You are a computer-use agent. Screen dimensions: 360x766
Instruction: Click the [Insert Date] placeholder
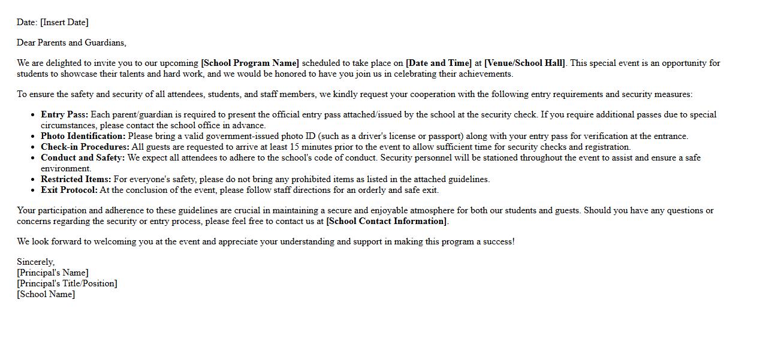point(64,22)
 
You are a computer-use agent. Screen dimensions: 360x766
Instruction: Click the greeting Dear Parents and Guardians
point(71,43)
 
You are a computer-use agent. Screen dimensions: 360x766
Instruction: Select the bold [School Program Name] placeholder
point(250,63)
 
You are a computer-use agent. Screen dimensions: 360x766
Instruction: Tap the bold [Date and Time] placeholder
point(439,63)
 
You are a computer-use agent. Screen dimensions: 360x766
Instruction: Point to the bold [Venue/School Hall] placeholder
point(525,63)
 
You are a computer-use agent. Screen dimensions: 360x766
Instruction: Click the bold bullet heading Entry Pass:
point(64,114)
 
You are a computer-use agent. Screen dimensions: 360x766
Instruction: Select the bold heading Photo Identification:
point(83,136)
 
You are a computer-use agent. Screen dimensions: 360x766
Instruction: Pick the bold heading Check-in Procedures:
point(85,147)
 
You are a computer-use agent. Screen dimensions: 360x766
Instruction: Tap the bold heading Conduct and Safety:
point(83,158)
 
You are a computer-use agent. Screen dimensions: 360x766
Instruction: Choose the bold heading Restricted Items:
point(76,179)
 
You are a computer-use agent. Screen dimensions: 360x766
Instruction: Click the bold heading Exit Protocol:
point(69,190)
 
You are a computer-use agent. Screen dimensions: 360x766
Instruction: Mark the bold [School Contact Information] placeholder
point(387,221)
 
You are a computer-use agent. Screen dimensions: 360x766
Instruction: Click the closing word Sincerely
point(35,262)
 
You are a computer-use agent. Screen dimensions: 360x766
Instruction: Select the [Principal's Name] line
point(53,273)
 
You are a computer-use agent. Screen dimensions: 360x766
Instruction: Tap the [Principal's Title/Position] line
point(67,283)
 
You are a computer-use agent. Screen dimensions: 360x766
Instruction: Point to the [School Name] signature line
point(46,294)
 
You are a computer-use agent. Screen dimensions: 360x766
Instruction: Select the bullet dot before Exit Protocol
point(32,190)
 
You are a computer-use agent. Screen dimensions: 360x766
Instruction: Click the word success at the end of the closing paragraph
point(497,241)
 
